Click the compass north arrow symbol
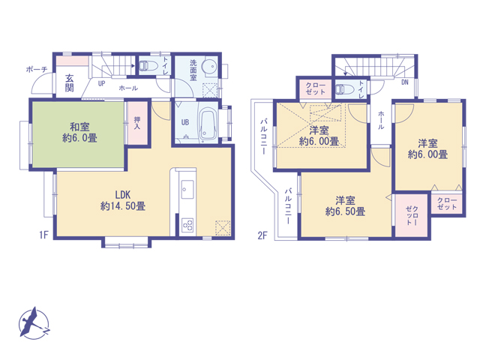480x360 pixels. coord(33,323)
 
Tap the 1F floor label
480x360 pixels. coord(43,235)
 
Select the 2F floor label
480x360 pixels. coord(262,235)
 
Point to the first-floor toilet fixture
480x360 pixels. coord(148,66)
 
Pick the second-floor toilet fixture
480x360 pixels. coord(344,89)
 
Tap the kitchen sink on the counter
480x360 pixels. coord(187,189)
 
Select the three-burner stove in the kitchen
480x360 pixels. coord(187,226)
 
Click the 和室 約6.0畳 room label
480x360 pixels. coord(79,132)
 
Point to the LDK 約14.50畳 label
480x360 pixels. coord(123,200)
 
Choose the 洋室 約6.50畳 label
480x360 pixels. coord(345,206)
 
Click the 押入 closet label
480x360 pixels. coord(137,123)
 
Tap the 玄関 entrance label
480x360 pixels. coord(69,83)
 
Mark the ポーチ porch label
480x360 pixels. coord(37,69)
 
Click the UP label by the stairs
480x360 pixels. coord(102,83)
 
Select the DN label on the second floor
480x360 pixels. coord(405,82)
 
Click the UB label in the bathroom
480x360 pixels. coord(185,122)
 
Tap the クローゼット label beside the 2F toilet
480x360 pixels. coord(315,88)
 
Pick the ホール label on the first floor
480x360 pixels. coord(128,88)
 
